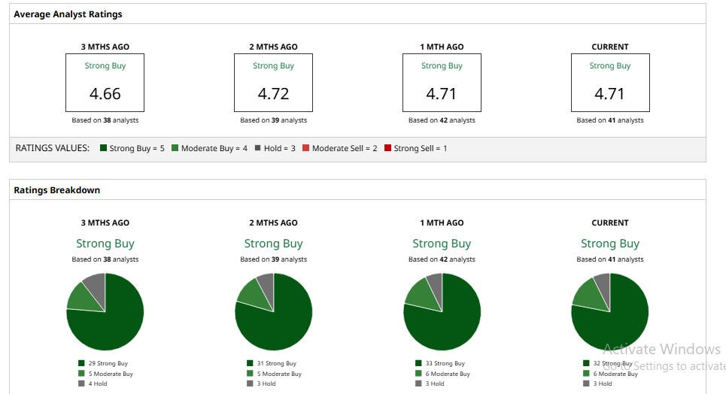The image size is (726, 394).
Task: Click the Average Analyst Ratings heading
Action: click(68, 14)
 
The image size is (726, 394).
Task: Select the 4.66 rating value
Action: click(105, 94)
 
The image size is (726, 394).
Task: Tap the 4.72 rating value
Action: click(273, 94)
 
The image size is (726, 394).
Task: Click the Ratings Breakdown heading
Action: click(56, 190)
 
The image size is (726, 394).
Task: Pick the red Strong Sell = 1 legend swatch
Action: click(387, 148)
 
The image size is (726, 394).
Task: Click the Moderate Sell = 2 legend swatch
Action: click(305, 148)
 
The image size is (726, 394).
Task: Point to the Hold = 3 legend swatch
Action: click(257, 148)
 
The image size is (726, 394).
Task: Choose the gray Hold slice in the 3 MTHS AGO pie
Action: click(96, 282)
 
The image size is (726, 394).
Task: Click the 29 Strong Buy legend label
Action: click(108, 363)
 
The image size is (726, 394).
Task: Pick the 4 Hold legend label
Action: click(98, 383)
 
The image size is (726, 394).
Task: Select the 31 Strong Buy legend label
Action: click(276, 363)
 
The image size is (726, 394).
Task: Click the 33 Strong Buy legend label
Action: click(445, 363)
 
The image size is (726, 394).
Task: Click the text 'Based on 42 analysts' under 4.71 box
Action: click(442, 120)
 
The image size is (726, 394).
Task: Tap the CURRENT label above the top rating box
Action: click(610, 47)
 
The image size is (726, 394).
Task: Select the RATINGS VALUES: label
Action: click(53, 148)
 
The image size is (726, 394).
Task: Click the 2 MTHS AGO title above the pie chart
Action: click(273, 223)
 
